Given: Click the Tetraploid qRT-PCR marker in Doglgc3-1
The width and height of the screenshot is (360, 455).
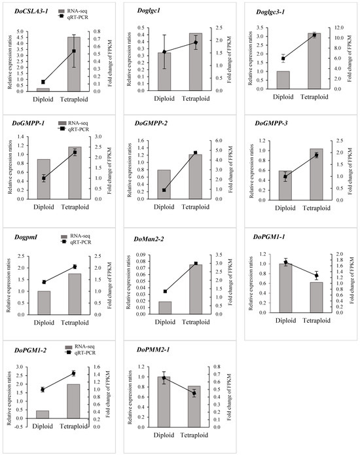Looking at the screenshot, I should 314,35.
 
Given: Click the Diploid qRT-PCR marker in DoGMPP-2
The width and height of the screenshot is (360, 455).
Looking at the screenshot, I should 164,190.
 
